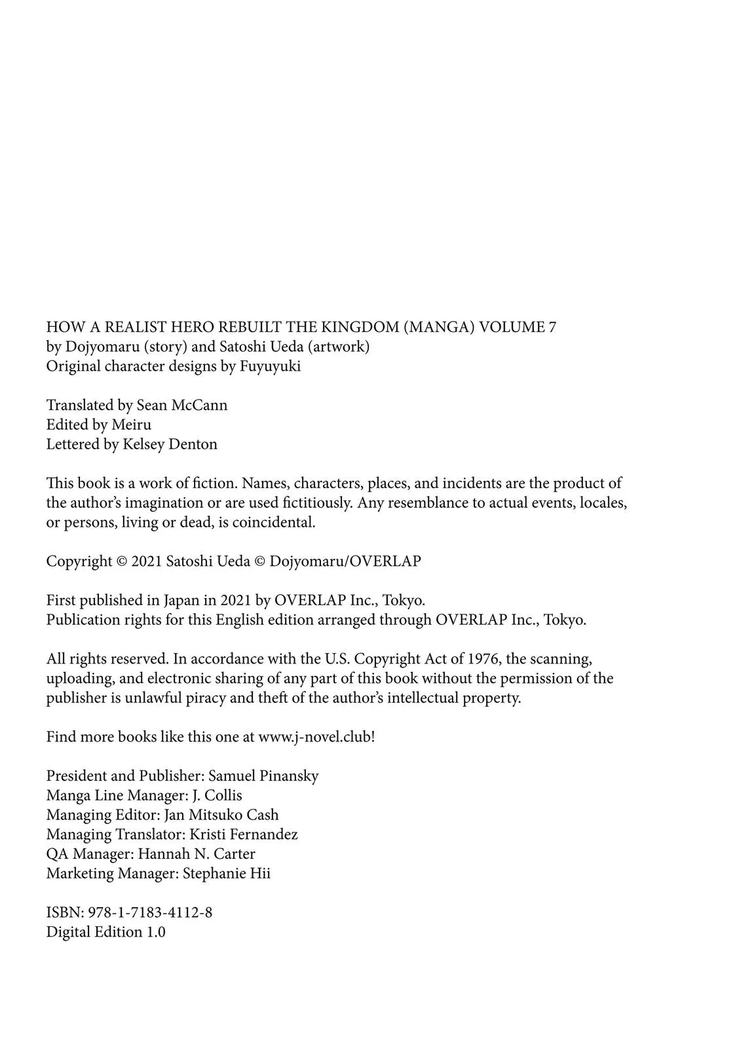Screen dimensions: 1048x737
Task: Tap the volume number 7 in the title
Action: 552,327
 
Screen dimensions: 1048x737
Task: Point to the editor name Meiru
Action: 131,424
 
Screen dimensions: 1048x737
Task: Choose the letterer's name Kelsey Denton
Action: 170,444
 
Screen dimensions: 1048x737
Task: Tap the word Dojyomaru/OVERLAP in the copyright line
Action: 345,561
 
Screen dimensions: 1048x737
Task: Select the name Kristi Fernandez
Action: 244,834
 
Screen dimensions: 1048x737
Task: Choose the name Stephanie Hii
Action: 227,874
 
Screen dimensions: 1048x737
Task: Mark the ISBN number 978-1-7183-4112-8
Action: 145,912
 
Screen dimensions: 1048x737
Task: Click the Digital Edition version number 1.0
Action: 156,932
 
